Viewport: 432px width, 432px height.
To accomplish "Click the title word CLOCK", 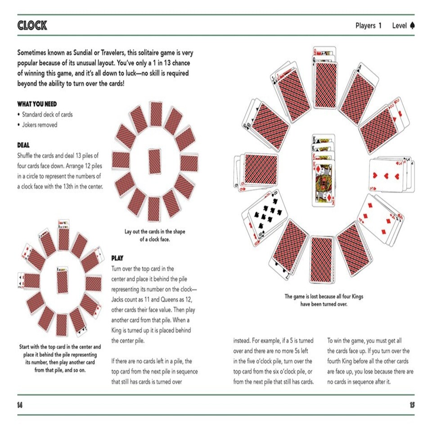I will [32, 25].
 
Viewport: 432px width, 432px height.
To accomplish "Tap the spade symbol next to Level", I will [412, 26].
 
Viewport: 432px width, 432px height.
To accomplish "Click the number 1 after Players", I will [380, 26].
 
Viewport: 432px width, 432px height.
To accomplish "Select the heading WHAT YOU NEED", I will [37, 104].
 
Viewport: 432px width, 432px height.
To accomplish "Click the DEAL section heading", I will [23, 145].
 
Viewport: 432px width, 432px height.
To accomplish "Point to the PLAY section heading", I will [117, 258].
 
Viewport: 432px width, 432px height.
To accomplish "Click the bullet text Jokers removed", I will [40, 125].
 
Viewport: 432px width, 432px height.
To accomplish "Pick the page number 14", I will [20, 405].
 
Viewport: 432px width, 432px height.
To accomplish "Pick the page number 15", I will [412, 405].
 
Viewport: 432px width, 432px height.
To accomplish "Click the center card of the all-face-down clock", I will [154, 161].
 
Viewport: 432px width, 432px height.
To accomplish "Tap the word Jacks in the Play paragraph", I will [120, 299].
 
